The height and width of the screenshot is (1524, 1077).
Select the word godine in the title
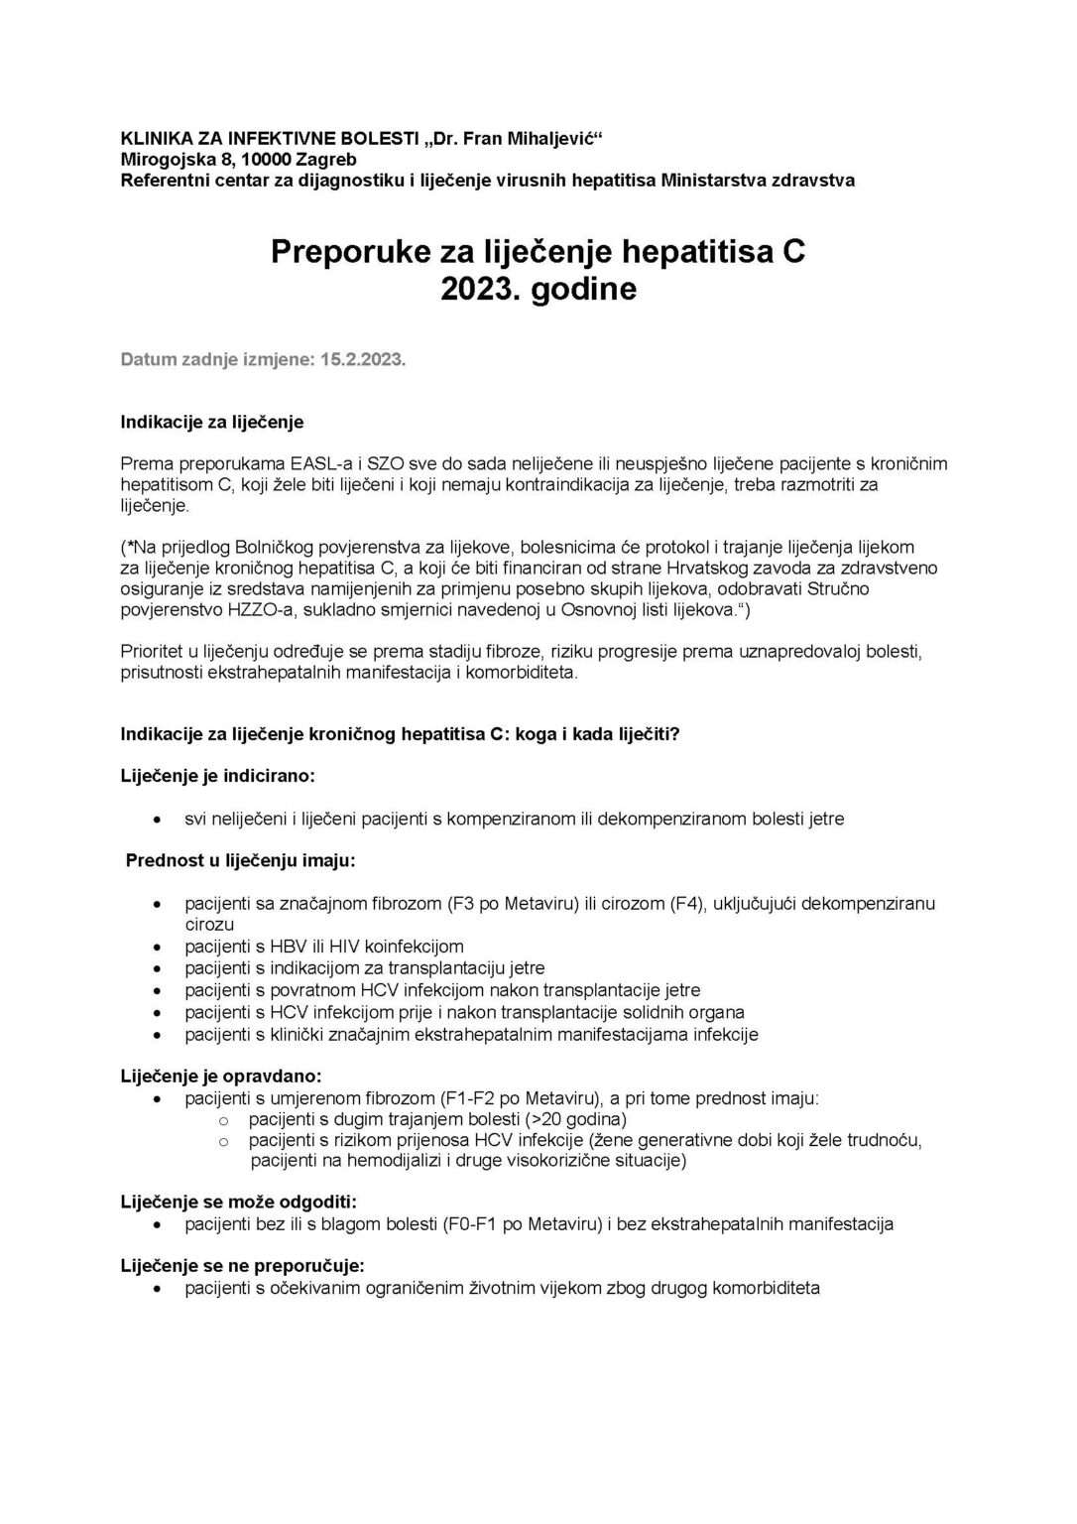582,290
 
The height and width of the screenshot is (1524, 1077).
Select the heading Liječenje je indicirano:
218,774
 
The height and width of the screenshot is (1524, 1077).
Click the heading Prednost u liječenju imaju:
240,860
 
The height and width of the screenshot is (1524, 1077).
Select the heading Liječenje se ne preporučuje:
242,1266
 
